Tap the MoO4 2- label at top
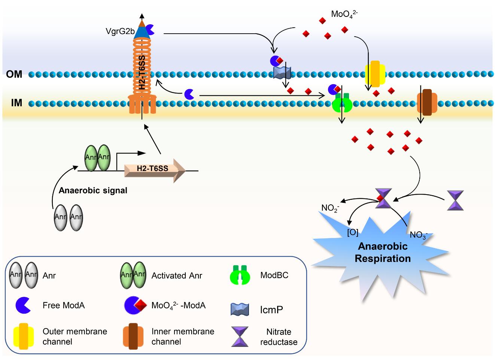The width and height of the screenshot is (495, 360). point(344,15)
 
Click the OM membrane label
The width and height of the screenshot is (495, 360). point(14,74)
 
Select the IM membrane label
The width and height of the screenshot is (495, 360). point(16,103)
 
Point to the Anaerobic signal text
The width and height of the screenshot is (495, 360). point(93,190)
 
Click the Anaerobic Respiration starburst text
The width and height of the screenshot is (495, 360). point(383,253)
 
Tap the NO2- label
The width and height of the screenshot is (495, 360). point(330,208)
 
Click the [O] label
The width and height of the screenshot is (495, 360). point(353,232)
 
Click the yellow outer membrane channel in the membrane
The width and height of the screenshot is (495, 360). point(375,73)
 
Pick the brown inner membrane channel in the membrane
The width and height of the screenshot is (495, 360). point(427,103)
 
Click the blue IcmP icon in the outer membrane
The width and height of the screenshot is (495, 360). point(282,73)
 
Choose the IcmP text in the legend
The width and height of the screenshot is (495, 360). point(271,310)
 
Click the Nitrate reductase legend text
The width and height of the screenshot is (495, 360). point(279,337)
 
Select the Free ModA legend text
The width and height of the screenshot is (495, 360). point(64,305)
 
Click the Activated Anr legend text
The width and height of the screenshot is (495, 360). point(177,276)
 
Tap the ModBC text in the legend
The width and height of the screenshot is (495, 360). point(274,275)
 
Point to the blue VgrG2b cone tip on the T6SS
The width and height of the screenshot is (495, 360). point(142,32)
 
